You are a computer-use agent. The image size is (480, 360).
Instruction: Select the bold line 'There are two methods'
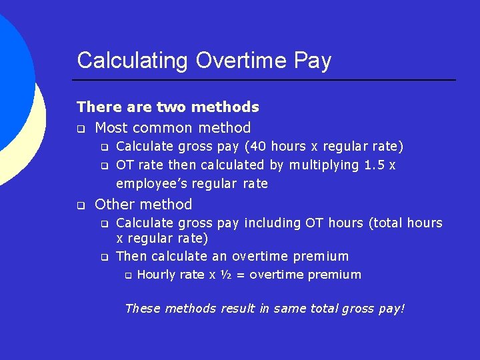point(168,107)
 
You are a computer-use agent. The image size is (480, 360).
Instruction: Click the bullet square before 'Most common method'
point(81,128)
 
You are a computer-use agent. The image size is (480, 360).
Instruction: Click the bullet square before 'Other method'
point(81,205)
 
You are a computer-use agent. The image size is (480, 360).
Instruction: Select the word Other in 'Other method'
point(115,205)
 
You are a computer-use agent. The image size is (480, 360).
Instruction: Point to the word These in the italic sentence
point(143,309)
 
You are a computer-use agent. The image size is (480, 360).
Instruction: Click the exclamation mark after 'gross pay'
point(402,309)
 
